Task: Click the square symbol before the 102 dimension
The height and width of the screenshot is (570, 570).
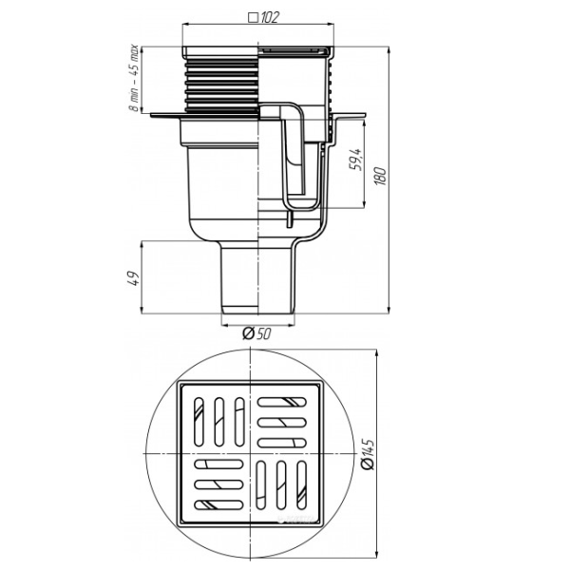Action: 251,17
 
